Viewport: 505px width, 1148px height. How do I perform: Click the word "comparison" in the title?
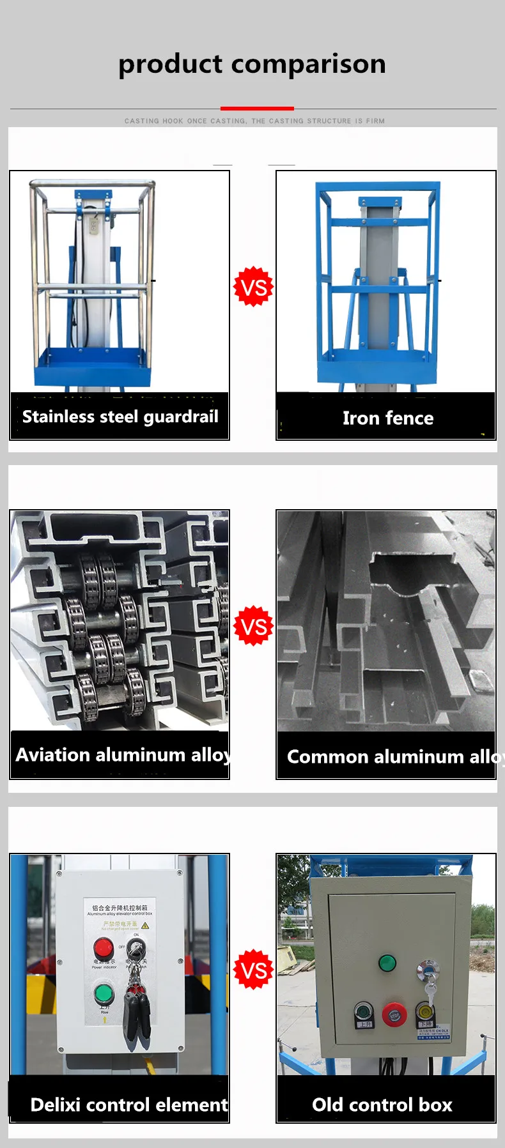point(308,65)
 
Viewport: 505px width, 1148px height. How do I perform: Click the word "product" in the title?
point(170,65)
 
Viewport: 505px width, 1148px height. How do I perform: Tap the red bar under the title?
point(257,109)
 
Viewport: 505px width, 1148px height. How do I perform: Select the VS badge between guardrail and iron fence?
point(254,287)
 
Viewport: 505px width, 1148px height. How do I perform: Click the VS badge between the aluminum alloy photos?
point(254,626)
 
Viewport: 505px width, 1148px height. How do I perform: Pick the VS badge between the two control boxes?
point(254,970)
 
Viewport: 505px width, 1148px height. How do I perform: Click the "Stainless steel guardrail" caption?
point(120,417)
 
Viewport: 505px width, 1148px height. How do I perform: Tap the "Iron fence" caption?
point(387,418)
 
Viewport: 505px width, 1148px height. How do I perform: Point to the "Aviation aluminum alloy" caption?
point(121,755)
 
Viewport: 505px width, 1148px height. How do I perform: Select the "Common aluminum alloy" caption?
point(390,757)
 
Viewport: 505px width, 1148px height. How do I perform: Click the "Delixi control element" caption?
point(128,1105)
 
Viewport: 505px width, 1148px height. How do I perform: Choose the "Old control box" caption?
point(382,1105)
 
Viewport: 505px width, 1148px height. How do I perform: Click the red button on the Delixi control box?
point(104,948)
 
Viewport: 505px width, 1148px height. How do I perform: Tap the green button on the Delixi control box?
point(104,994)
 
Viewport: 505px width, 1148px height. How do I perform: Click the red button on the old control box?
point(394,1014)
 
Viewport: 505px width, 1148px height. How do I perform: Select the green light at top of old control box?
point(387,963)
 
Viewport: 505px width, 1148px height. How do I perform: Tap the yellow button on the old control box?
point(424,1011)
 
